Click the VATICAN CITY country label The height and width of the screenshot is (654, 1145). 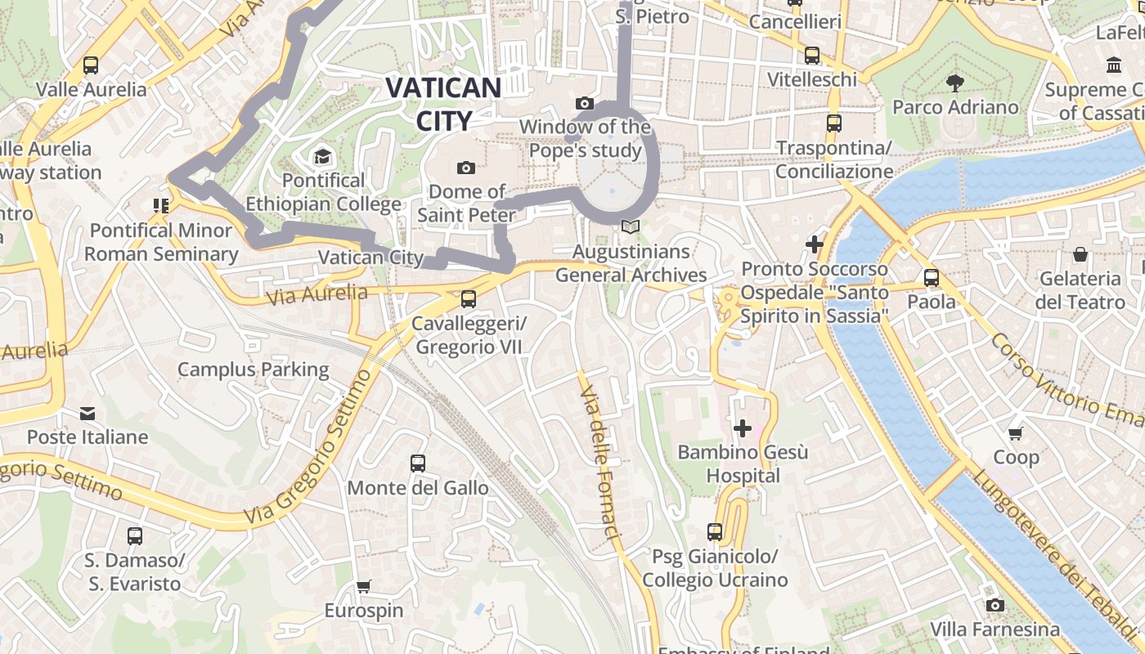[443, 103]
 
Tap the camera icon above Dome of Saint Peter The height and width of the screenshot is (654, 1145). [466, 168]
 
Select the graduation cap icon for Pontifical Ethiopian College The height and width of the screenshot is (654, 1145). [323, 156]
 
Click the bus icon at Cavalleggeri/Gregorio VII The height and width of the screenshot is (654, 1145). [469, 299]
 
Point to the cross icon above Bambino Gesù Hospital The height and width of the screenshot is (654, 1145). [743, 428]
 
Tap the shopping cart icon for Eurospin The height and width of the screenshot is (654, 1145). [364, 586]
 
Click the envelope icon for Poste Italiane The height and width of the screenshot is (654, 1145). [88, 413]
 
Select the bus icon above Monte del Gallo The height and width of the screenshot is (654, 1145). [418, 464]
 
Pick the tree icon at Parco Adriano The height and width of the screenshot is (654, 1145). [954, 83]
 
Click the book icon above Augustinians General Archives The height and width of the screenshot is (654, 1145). [630, 226]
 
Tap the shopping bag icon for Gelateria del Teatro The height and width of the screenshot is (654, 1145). [1080, 254]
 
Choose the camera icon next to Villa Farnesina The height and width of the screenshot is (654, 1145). [995, 605]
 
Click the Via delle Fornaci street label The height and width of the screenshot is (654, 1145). [600, 463]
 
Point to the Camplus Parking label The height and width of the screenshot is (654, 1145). [254, 370]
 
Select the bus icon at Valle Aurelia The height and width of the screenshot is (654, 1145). [91, 65]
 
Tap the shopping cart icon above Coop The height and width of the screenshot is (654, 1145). [1016, 433]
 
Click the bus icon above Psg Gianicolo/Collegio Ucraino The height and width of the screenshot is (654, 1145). [715, 532]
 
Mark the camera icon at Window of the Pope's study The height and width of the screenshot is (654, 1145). [584, 103]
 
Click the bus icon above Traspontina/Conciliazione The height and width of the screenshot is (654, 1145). [833, 123]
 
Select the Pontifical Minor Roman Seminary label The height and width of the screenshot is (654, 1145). [161, 242]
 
